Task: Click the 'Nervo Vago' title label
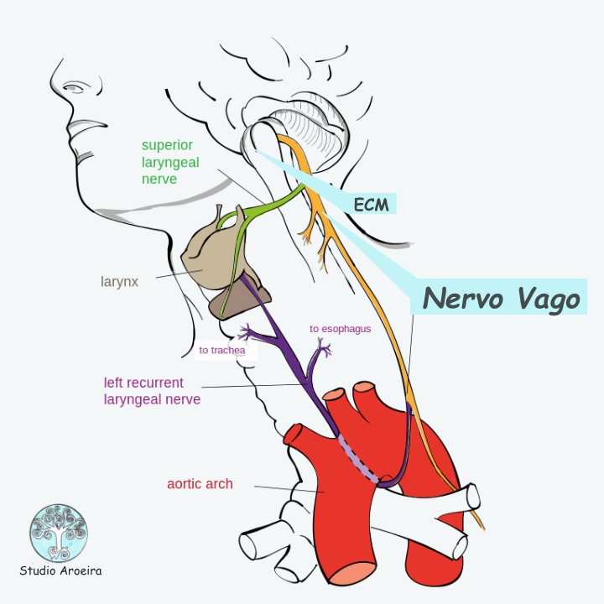click(501, 299)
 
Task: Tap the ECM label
click(371, 205)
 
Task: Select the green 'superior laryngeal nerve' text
click(170, 162)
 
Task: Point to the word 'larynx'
click(119, 282)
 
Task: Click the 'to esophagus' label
click(340, 329)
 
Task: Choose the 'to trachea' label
click(222, 350)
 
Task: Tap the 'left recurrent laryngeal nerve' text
click(152, 391)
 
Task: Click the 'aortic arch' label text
click(200, 484)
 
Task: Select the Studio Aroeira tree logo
click(59, 533)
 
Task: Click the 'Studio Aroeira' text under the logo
click(60, 570)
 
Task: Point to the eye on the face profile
click(75, 87)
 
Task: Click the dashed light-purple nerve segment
click(358, 459)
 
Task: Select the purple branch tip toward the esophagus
click(325, 346)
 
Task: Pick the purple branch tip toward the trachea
click(245, 331)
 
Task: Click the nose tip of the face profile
click(51, 83)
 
